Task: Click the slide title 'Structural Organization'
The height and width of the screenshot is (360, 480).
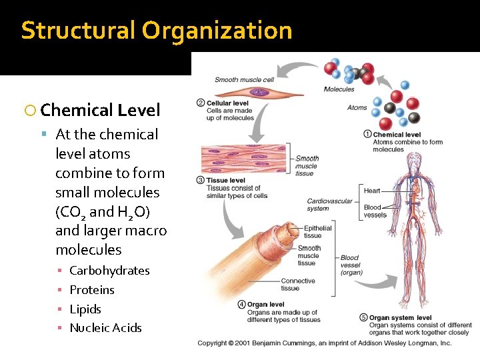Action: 157,31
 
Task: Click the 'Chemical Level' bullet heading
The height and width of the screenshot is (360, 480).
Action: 100,110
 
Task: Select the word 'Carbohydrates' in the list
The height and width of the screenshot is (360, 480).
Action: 109,271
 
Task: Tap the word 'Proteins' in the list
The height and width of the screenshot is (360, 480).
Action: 92,290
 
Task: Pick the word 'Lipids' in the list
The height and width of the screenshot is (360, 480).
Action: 85,309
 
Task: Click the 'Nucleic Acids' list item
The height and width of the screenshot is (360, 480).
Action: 105,328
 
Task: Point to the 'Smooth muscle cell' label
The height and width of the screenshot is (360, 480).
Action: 244,80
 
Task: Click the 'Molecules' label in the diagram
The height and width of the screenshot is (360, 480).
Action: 339,89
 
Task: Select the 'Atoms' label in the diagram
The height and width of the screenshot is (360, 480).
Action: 357,107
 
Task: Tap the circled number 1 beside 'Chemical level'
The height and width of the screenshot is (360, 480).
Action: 367,134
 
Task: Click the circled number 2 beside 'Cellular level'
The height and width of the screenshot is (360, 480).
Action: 201,103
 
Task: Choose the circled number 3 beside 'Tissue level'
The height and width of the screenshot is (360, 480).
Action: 201,180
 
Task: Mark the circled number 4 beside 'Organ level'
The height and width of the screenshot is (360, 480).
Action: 241,305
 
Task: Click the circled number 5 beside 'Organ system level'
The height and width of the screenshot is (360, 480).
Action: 363,317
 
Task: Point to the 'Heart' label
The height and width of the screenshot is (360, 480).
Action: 372,191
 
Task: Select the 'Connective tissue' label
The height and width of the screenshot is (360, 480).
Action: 298,285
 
